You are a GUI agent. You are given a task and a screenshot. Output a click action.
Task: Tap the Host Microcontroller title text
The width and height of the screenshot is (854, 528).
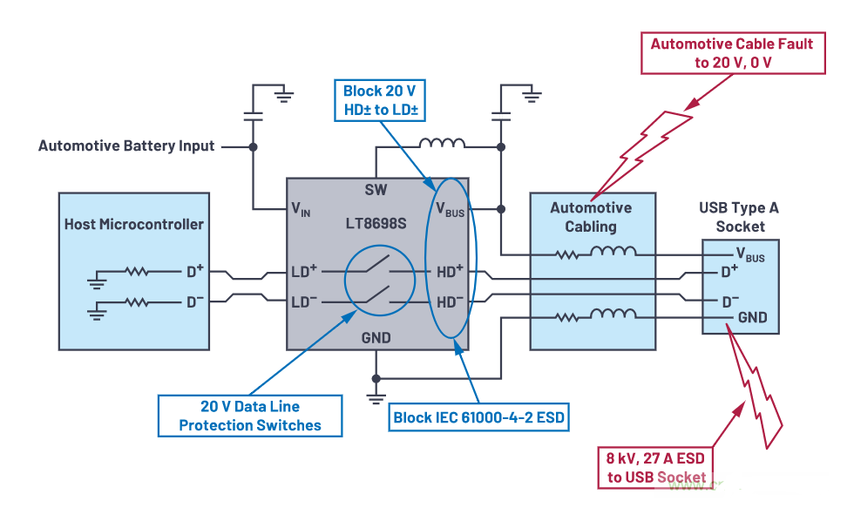click(x=134, y=224)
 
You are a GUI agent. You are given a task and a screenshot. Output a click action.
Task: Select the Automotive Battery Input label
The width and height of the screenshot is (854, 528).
click(x=126, y=146)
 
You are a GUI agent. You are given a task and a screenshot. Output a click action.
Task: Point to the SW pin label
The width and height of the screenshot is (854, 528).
click(x=377, y=189)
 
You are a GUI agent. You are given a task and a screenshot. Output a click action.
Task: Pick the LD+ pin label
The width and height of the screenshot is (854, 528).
click(x=304, y=272)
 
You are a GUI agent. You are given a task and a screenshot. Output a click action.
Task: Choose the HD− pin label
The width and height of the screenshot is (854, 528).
click(x=451, y=301)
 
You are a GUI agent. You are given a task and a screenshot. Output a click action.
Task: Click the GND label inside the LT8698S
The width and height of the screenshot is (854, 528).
click(x=376, y=337)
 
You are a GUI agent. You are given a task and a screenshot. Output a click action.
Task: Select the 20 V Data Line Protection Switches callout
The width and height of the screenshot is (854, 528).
click(x=250, y=416)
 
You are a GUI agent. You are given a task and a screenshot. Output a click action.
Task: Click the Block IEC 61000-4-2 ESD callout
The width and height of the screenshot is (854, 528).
click(x=479, y=417)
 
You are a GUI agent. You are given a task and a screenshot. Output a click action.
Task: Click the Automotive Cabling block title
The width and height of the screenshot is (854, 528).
click(x=591, y=218)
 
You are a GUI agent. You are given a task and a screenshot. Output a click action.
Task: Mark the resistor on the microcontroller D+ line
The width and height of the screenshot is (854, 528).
click(x=137, y=272)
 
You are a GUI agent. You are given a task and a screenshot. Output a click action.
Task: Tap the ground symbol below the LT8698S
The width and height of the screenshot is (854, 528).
click(x=376, y=396)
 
